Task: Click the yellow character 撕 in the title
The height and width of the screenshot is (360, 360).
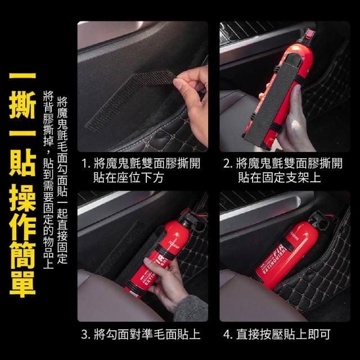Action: pos(22,105)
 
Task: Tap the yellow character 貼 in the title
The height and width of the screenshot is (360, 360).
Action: pos(22,163)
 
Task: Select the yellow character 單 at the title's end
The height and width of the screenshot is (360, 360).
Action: pos(22,284)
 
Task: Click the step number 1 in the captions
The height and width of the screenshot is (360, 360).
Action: pos(85,164)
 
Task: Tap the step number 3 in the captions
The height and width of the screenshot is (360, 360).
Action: pos(84,334)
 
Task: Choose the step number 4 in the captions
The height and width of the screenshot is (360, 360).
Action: pos(227,334)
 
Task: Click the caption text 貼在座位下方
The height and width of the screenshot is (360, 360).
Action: pos(128,178)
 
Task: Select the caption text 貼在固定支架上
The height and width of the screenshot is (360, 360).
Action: pos(279,178)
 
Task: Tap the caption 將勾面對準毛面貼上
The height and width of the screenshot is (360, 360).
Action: pos(147,334)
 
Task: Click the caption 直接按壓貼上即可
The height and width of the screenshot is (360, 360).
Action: pos(283,334)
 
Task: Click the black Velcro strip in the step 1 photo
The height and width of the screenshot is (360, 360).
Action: pos(129,100)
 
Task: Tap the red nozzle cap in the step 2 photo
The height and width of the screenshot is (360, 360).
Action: pos(310,34)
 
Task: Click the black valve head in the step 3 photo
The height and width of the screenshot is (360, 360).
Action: pos(194,220)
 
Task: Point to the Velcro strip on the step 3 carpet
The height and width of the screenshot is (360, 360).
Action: pos(119,248)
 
